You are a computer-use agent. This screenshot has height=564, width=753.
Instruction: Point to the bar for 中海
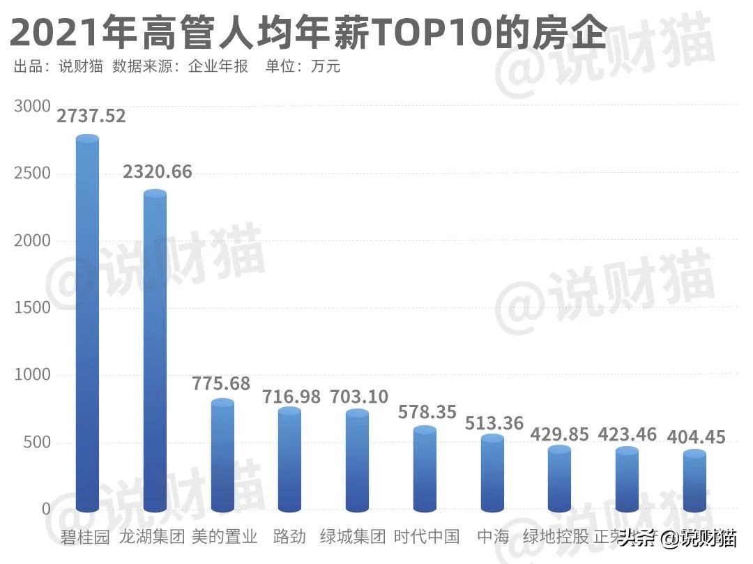492,474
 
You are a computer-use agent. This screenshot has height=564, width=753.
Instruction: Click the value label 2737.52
91,116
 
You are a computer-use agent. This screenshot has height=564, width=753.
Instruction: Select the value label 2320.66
157,172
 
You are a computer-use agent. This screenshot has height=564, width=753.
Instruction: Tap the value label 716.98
291,397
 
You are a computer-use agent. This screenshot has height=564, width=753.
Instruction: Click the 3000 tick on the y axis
32,106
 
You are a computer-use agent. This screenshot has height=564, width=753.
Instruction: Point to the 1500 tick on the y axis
32,307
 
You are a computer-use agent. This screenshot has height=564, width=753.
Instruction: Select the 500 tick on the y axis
37,442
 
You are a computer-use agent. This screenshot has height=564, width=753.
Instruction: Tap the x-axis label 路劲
289,537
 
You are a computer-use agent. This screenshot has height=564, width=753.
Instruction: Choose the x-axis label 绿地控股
556,537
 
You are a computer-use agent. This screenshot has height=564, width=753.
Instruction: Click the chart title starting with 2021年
307,31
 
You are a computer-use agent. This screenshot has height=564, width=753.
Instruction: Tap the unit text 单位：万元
303,67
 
